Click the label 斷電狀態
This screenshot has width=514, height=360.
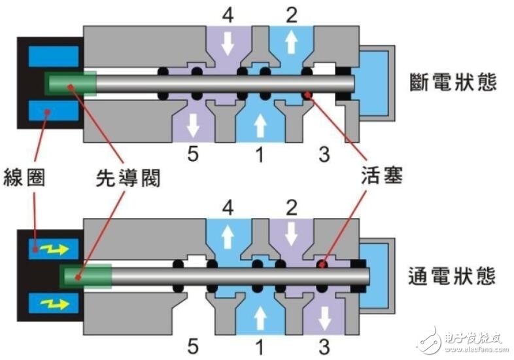click(x=453, y=83)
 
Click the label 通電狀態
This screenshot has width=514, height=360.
click(x=453, y=276)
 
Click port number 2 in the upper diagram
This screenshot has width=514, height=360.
click(x=292, y=14)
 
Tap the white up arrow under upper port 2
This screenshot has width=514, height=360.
click(x=292, y=43)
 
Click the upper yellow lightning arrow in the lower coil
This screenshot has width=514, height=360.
click(x=50, y=249)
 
